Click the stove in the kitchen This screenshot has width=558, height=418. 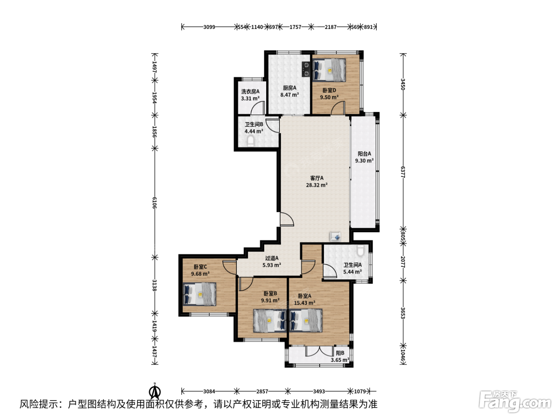click(306, 69)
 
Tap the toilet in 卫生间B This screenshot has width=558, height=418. click(250, 141)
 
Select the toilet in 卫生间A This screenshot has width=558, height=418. click(360, 250)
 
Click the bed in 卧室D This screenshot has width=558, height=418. click(329, 70)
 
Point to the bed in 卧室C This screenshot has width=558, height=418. click(200, 294)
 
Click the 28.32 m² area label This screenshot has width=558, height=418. click(316, 185)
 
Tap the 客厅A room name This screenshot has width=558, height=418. click(317, 178)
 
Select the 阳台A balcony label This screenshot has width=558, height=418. click(364, 154)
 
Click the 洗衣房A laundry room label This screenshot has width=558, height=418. click(250, 92)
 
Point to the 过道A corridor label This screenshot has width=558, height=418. click(272, 258)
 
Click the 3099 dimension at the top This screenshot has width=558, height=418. click(209, 27)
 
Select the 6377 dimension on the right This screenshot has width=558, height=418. click(403, 172)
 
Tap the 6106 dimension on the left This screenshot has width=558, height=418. click(155, 203)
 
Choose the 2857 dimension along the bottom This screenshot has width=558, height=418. click(262, 391)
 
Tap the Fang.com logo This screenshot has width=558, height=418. click(515, 402)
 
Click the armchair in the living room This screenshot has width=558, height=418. click(336, 236)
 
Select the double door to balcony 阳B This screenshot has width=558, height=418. click(319, 351)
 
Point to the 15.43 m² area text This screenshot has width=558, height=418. click(305, 303)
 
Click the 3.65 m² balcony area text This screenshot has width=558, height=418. click(340, 360)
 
